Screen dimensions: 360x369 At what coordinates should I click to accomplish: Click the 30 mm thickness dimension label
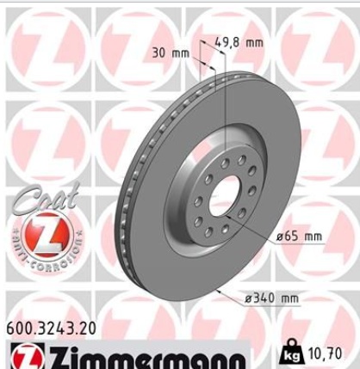tap(171, 53)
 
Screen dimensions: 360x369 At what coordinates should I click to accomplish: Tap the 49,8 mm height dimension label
tap(239, 43)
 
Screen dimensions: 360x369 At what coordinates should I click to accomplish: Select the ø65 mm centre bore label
tap(300, 237)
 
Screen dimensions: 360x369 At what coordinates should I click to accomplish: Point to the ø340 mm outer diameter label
tap(271, 298)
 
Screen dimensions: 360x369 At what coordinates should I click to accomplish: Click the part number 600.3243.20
tap(51, 329)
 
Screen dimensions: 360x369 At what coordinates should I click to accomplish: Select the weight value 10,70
tap(325, 354)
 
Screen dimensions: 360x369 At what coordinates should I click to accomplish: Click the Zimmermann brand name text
tap(148, 358)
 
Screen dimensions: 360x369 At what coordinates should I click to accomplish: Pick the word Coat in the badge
tap(46, 198)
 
